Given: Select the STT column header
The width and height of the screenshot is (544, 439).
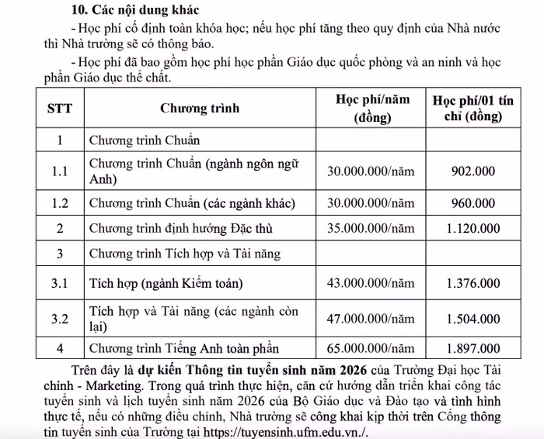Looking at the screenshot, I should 60,109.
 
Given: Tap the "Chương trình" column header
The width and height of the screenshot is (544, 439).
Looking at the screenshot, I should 200,109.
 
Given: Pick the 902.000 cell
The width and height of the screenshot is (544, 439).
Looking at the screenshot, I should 473,171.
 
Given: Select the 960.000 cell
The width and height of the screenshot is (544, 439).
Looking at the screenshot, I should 473,204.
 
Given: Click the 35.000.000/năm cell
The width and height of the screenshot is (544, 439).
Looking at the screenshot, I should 371,228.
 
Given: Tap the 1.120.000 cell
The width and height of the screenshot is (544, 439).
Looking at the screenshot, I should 473,228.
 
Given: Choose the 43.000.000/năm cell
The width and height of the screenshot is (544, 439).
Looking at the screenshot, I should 371,284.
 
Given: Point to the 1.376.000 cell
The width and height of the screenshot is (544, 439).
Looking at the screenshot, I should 473,284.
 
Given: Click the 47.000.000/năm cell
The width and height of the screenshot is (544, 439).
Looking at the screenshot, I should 371,319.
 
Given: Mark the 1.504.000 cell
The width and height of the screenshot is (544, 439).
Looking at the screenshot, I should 473,319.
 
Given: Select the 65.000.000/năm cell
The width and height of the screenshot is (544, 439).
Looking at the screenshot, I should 371,348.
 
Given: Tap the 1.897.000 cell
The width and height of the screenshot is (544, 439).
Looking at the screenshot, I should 473,348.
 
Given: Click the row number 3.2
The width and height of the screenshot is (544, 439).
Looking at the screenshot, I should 60,319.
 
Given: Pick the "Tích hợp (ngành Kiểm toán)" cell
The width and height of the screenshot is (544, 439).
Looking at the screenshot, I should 166,284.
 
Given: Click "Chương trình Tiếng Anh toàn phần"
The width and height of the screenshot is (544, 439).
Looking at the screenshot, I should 184,348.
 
